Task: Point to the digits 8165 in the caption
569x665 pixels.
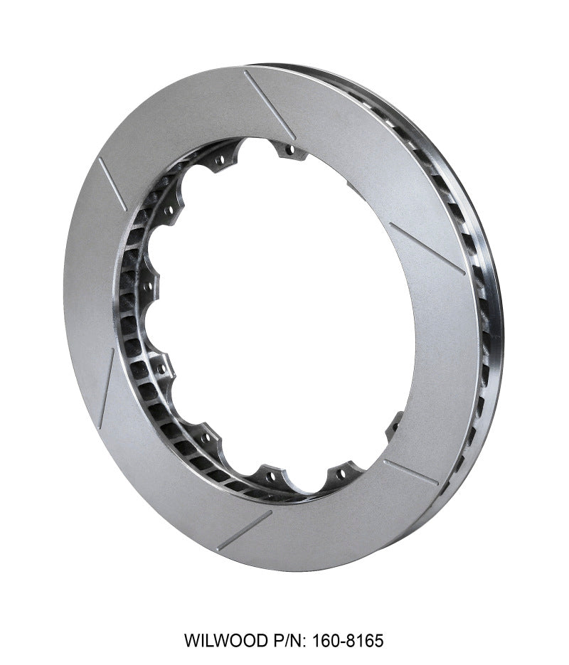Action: coord(366,641)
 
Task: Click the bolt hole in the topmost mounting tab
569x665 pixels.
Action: coord(288,151)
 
